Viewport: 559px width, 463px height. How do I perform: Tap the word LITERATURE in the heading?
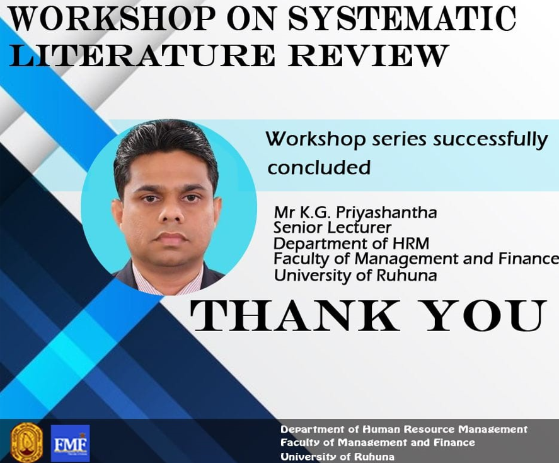point(142,55)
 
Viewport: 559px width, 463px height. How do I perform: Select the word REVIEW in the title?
point(367,55)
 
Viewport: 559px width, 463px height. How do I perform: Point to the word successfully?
point(490,139)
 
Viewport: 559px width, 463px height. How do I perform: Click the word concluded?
point(319,167)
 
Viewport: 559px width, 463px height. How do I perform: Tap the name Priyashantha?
point(386,213)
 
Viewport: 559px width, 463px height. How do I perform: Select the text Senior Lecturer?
point(332,228)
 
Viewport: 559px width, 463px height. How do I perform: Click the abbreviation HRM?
point(411,243)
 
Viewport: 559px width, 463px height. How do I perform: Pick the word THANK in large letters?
point(295,315)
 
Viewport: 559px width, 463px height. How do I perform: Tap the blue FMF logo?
point(70,443)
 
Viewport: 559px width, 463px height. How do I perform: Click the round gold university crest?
point(26,442)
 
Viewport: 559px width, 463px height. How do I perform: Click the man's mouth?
point(172,238)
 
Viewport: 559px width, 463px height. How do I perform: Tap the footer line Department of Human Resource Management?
point(404,429)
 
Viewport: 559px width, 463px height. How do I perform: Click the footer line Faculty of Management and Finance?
point(377,443)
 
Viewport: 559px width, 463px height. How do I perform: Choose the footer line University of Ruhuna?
point(337,457)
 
